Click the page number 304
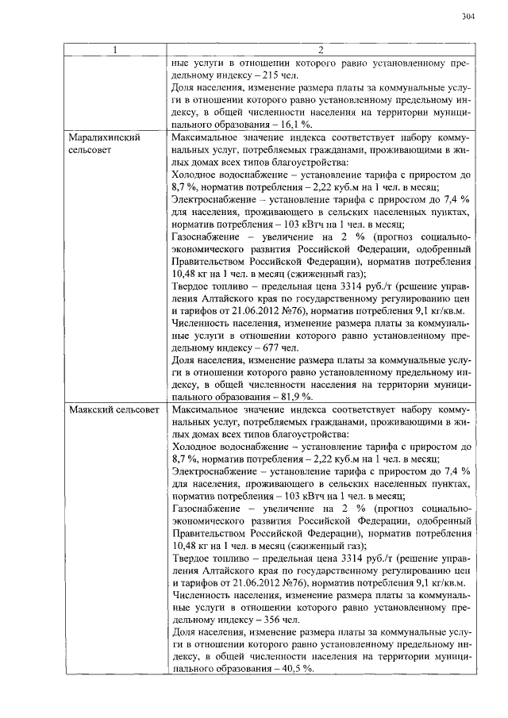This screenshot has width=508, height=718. pos(467,16)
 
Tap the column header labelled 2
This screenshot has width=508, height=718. pos(321,51)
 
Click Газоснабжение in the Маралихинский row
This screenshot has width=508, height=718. pos(206,236)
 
